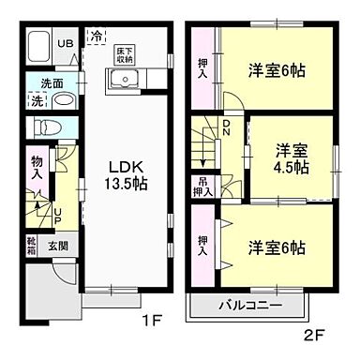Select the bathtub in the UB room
39,47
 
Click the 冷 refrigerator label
97,37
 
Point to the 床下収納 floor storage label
125,52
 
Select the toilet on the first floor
46,126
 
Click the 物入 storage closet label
37,168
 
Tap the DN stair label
226,128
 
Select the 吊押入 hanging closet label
204,186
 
